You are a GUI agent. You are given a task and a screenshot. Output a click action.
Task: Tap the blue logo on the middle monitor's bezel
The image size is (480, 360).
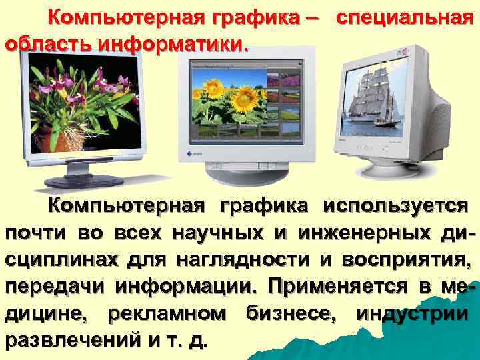coord(189,153)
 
